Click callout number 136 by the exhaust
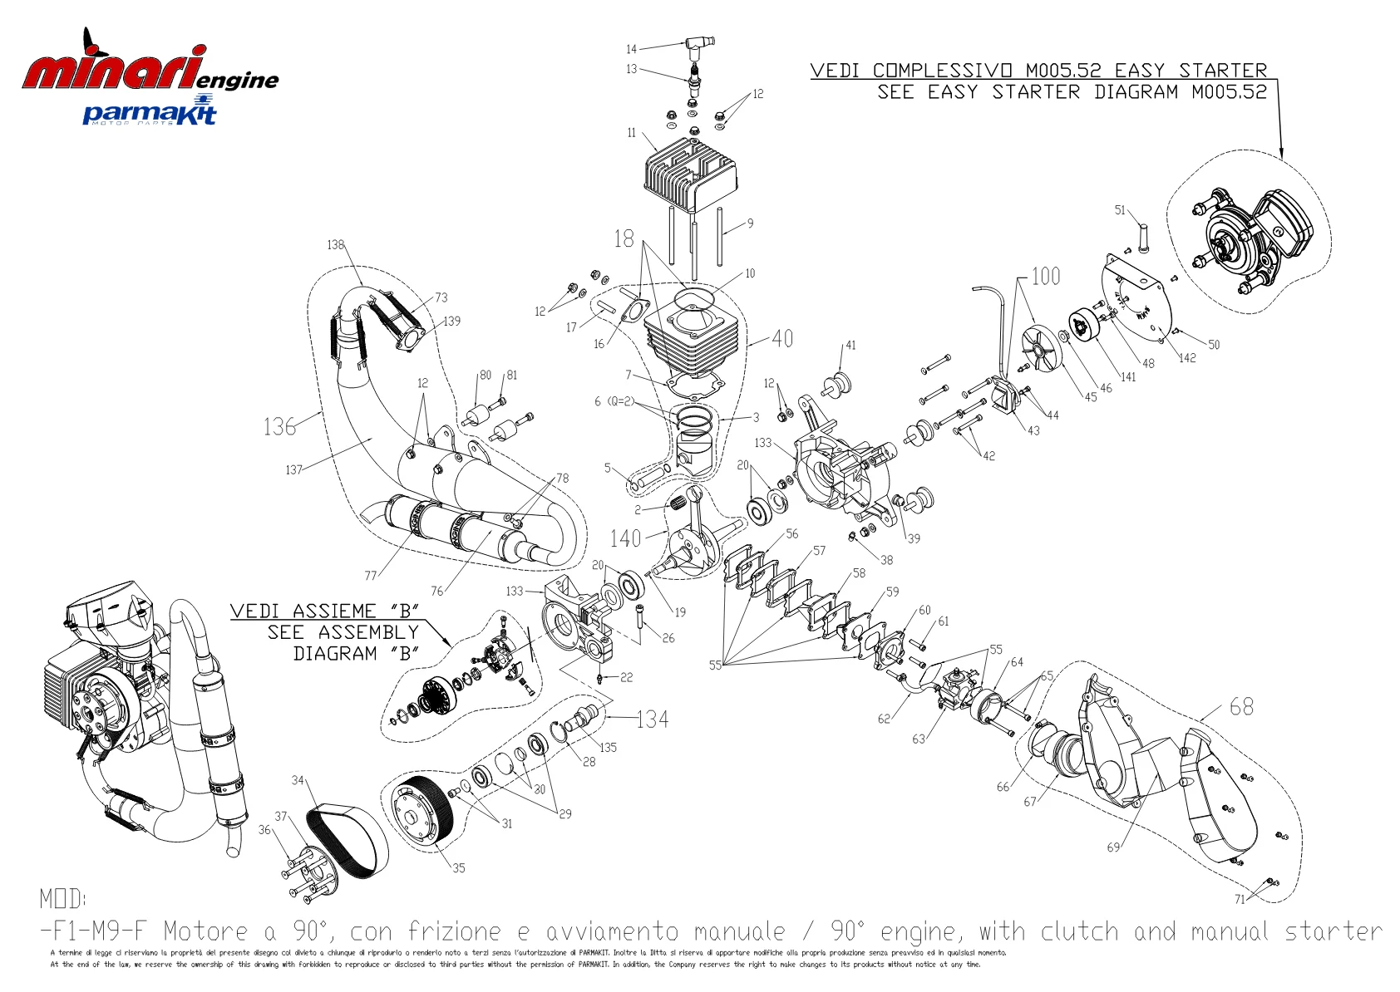(279, 426)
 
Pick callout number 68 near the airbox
(1241, 706)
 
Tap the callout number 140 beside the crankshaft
(625, 538)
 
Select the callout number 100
(1045, 276)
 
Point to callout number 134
(653, 719)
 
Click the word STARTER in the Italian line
(1223, 71)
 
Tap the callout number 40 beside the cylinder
(782, 338)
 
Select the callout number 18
(624, 239)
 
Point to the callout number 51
(1119, 210)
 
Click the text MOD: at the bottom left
(62, 898)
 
